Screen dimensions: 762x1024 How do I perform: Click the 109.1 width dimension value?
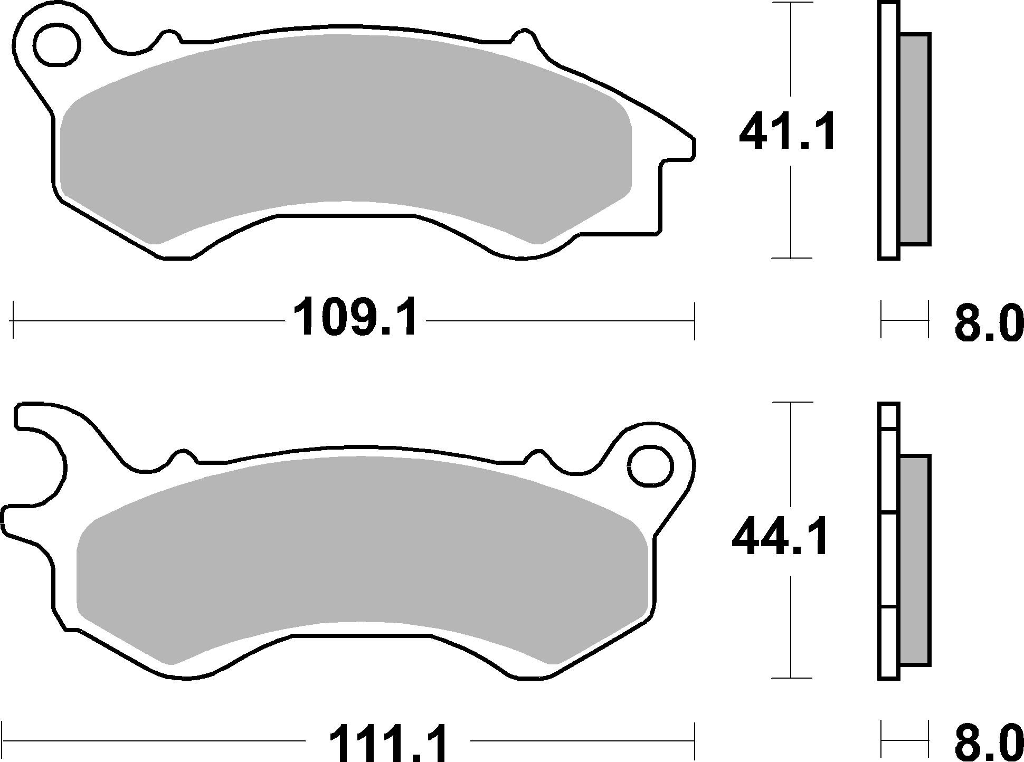pos(355,317)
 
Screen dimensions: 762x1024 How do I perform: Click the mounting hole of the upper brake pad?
pos(57,44)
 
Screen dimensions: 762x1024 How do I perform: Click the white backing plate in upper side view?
pos(889,132)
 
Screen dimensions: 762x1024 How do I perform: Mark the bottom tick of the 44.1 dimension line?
pos(790,678)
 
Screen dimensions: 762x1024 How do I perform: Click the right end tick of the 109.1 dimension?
pos(694,321)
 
